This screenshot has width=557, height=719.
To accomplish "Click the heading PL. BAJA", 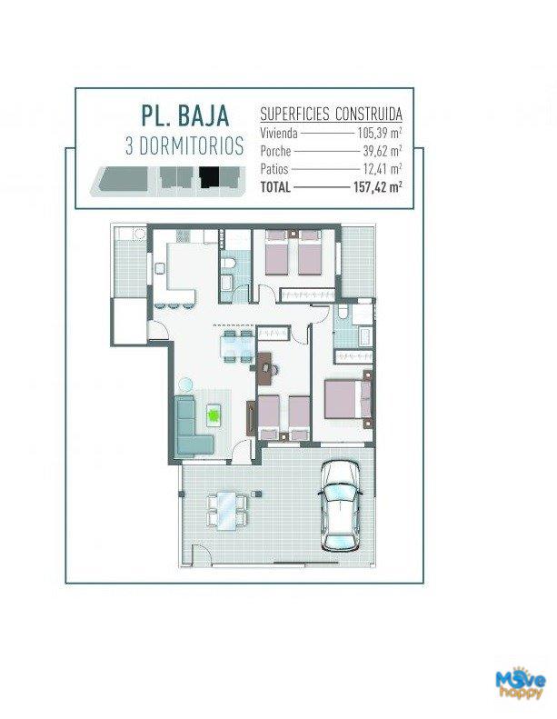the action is coord(184,115).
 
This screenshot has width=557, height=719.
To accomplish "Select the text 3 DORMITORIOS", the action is coord(184,146).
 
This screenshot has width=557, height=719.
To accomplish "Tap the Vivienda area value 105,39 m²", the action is coord(380,133).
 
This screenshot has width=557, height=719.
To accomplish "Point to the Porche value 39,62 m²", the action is coord(383,150).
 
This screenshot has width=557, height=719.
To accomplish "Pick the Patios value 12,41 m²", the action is coord(383,169).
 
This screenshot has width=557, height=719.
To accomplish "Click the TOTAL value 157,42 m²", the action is coord(378,187).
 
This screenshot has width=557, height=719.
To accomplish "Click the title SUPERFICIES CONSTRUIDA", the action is coord(331,114).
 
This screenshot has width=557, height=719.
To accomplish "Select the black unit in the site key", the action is coord(209,177).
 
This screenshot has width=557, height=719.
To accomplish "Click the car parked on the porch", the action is coord(340,505).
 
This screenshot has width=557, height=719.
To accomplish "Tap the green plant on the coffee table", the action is coord(214,415).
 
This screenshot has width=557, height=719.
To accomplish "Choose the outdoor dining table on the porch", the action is coord(227,510).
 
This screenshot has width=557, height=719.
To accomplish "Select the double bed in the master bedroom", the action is coord(348,398).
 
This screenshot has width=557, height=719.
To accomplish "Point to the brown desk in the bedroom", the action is coord(265,368).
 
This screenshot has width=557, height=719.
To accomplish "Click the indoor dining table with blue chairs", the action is coord(236,346).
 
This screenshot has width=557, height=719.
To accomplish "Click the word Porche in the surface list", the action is coord(275,151).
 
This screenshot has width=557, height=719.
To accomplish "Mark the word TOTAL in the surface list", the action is coord(275,187).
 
